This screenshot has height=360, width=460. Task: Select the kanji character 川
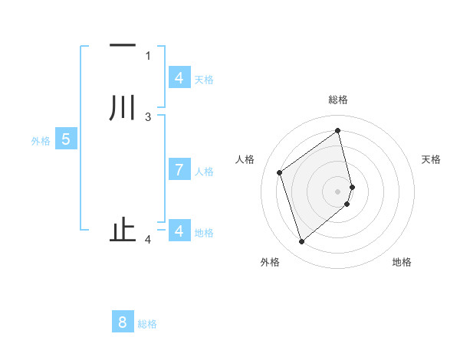tap(123, 107)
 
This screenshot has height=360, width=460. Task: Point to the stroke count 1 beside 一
tap(148, 55)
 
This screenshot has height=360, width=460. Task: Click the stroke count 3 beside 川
tap(148, 116)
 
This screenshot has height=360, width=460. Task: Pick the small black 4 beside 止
tap(148, 240)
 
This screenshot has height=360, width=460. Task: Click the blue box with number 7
tap(179, 170)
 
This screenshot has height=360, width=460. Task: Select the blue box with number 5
tap(66, 139)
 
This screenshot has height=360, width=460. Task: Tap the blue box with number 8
tap(123, 322)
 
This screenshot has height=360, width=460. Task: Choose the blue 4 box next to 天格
tap(179, 78)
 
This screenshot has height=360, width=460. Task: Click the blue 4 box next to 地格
tap(179, 231)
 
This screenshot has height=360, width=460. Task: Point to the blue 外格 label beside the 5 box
tap(41, 141)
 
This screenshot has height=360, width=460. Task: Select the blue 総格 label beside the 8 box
tap(147, 324)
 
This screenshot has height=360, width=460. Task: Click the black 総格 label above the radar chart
tap(338, 100)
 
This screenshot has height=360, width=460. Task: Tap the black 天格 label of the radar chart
tap(431, 159)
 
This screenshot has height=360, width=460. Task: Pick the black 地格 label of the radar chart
tap(402, 262)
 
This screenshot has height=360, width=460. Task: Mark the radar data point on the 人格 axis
tap(280, 172)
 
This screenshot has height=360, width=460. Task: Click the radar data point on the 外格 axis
tap(301, 242)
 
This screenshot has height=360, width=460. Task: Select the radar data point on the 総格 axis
tap(338, 129)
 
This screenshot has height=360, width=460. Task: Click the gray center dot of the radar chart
tap(338, 191)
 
